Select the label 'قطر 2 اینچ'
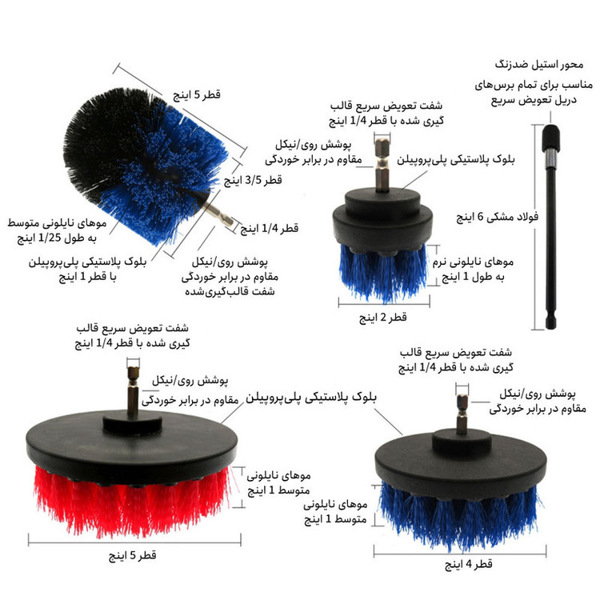point(382,318)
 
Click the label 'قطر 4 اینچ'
point(468,564)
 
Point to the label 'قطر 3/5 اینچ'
point(253,179)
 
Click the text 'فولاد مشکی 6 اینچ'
point(497,217)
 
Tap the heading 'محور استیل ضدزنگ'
point(539,64)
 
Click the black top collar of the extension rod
point(551,138)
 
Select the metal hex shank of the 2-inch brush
point(382,165)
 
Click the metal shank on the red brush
point(133,391)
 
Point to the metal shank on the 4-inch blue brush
point(462,414)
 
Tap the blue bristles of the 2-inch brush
point(383,272)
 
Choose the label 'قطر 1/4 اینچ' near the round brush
point(270,229)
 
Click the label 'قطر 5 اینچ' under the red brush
point(132,555)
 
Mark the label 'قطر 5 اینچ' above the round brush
point(197,94)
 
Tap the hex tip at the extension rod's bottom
point(550,322)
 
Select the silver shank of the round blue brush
point(218,215)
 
